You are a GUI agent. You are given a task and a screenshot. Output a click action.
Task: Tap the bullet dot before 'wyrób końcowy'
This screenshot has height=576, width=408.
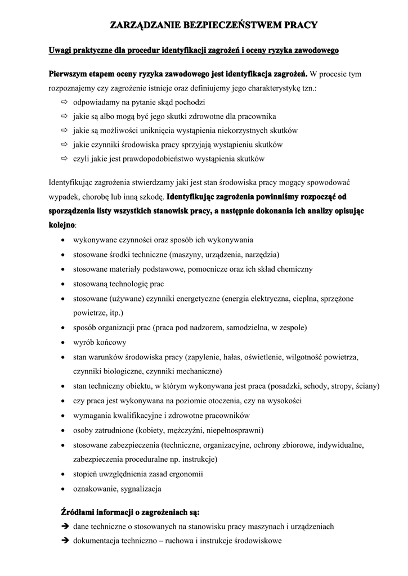pyautogui.click(x=63, y=343)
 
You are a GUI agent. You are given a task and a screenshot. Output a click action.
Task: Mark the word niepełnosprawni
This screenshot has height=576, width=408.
pyautogui.click(x=233, y=430)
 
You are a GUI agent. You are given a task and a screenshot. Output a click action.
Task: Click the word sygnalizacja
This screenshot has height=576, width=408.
pyautogui.click(x=140, y=489)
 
